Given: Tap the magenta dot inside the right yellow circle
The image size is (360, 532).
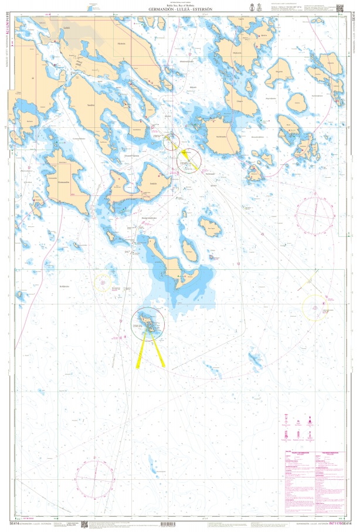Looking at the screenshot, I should (315, 307).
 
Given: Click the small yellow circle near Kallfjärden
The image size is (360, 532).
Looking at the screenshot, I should (103, 283).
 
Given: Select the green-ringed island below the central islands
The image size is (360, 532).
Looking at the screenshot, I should (148, 323).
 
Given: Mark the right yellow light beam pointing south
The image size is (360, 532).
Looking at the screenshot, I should (159, 353).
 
